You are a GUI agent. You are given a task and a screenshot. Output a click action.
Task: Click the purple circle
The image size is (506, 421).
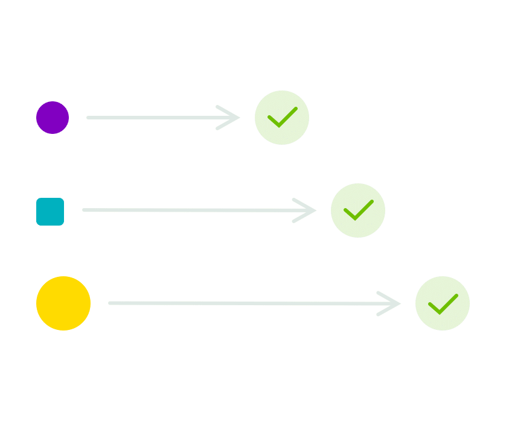tap(53, 118)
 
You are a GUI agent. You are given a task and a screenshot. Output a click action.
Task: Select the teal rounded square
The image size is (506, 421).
tap(50, 211)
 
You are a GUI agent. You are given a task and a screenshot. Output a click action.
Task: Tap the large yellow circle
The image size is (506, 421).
tap(63, 303)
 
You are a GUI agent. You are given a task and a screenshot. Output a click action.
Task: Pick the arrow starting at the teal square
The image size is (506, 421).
tap(193, 210)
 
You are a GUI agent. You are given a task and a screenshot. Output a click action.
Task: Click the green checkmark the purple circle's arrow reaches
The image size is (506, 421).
tap(282, 118)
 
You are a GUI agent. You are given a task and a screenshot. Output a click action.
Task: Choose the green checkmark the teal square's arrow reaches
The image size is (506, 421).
tap(358, 210)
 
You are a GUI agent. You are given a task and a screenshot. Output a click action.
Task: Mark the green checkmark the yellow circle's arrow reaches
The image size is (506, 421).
tap(443, 303)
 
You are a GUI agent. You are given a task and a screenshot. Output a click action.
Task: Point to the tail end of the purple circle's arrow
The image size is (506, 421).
tap(89, 118)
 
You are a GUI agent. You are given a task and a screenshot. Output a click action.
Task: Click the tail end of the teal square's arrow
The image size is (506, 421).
tap(85, 210)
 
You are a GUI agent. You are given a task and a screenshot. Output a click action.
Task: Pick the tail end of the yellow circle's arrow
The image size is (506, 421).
tap(110, 303)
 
